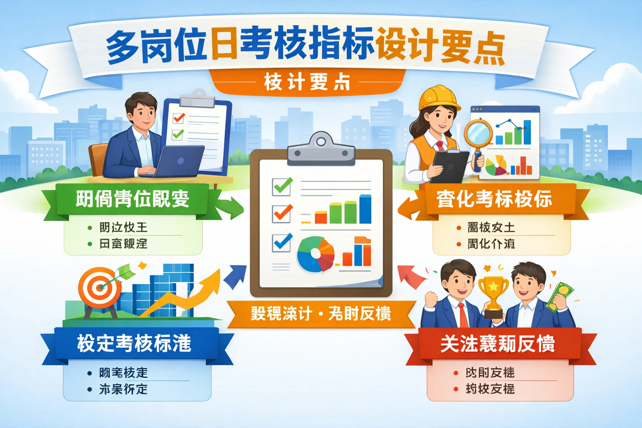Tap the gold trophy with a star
tap(493, 293)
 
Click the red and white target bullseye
tap(99, 287)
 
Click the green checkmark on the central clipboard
tap(283, 186)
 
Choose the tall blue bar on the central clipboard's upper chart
tap(365, 209)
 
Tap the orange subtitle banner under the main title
tap(307, 82)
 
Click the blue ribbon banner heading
tap(134, 344)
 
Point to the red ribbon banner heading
tap(497, 344)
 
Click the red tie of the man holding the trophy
tap(463, 316)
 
